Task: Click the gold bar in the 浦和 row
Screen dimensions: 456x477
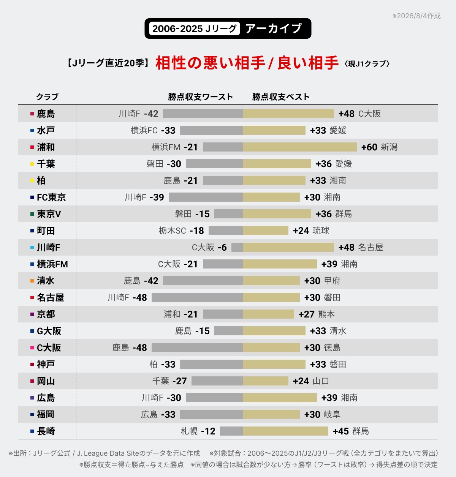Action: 300,147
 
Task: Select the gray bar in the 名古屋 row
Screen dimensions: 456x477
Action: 197,297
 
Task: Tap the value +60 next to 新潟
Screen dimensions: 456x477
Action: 369,147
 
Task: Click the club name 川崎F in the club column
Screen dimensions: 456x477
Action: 49,247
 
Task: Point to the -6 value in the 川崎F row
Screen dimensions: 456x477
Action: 222,247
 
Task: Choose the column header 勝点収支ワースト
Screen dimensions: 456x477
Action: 200,97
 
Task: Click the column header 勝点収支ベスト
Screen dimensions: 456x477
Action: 281,97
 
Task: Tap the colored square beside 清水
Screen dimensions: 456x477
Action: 32,281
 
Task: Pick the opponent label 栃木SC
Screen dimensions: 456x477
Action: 172,231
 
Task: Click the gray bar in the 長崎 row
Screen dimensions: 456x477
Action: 231,431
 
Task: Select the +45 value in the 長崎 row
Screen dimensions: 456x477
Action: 340,431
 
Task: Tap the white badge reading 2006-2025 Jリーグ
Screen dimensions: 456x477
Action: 194,28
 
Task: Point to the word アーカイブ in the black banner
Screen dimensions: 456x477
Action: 273,28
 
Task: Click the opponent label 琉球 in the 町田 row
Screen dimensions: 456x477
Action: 321,231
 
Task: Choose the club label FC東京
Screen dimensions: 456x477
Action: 51,197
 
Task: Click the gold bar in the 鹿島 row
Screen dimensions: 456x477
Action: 288,114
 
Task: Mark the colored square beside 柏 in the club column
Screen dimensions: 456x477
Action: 32,180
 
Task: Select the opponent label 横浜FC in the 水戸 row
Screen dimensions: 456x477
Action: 144,130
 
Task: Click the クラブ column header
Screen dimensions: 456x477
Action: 47,97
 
